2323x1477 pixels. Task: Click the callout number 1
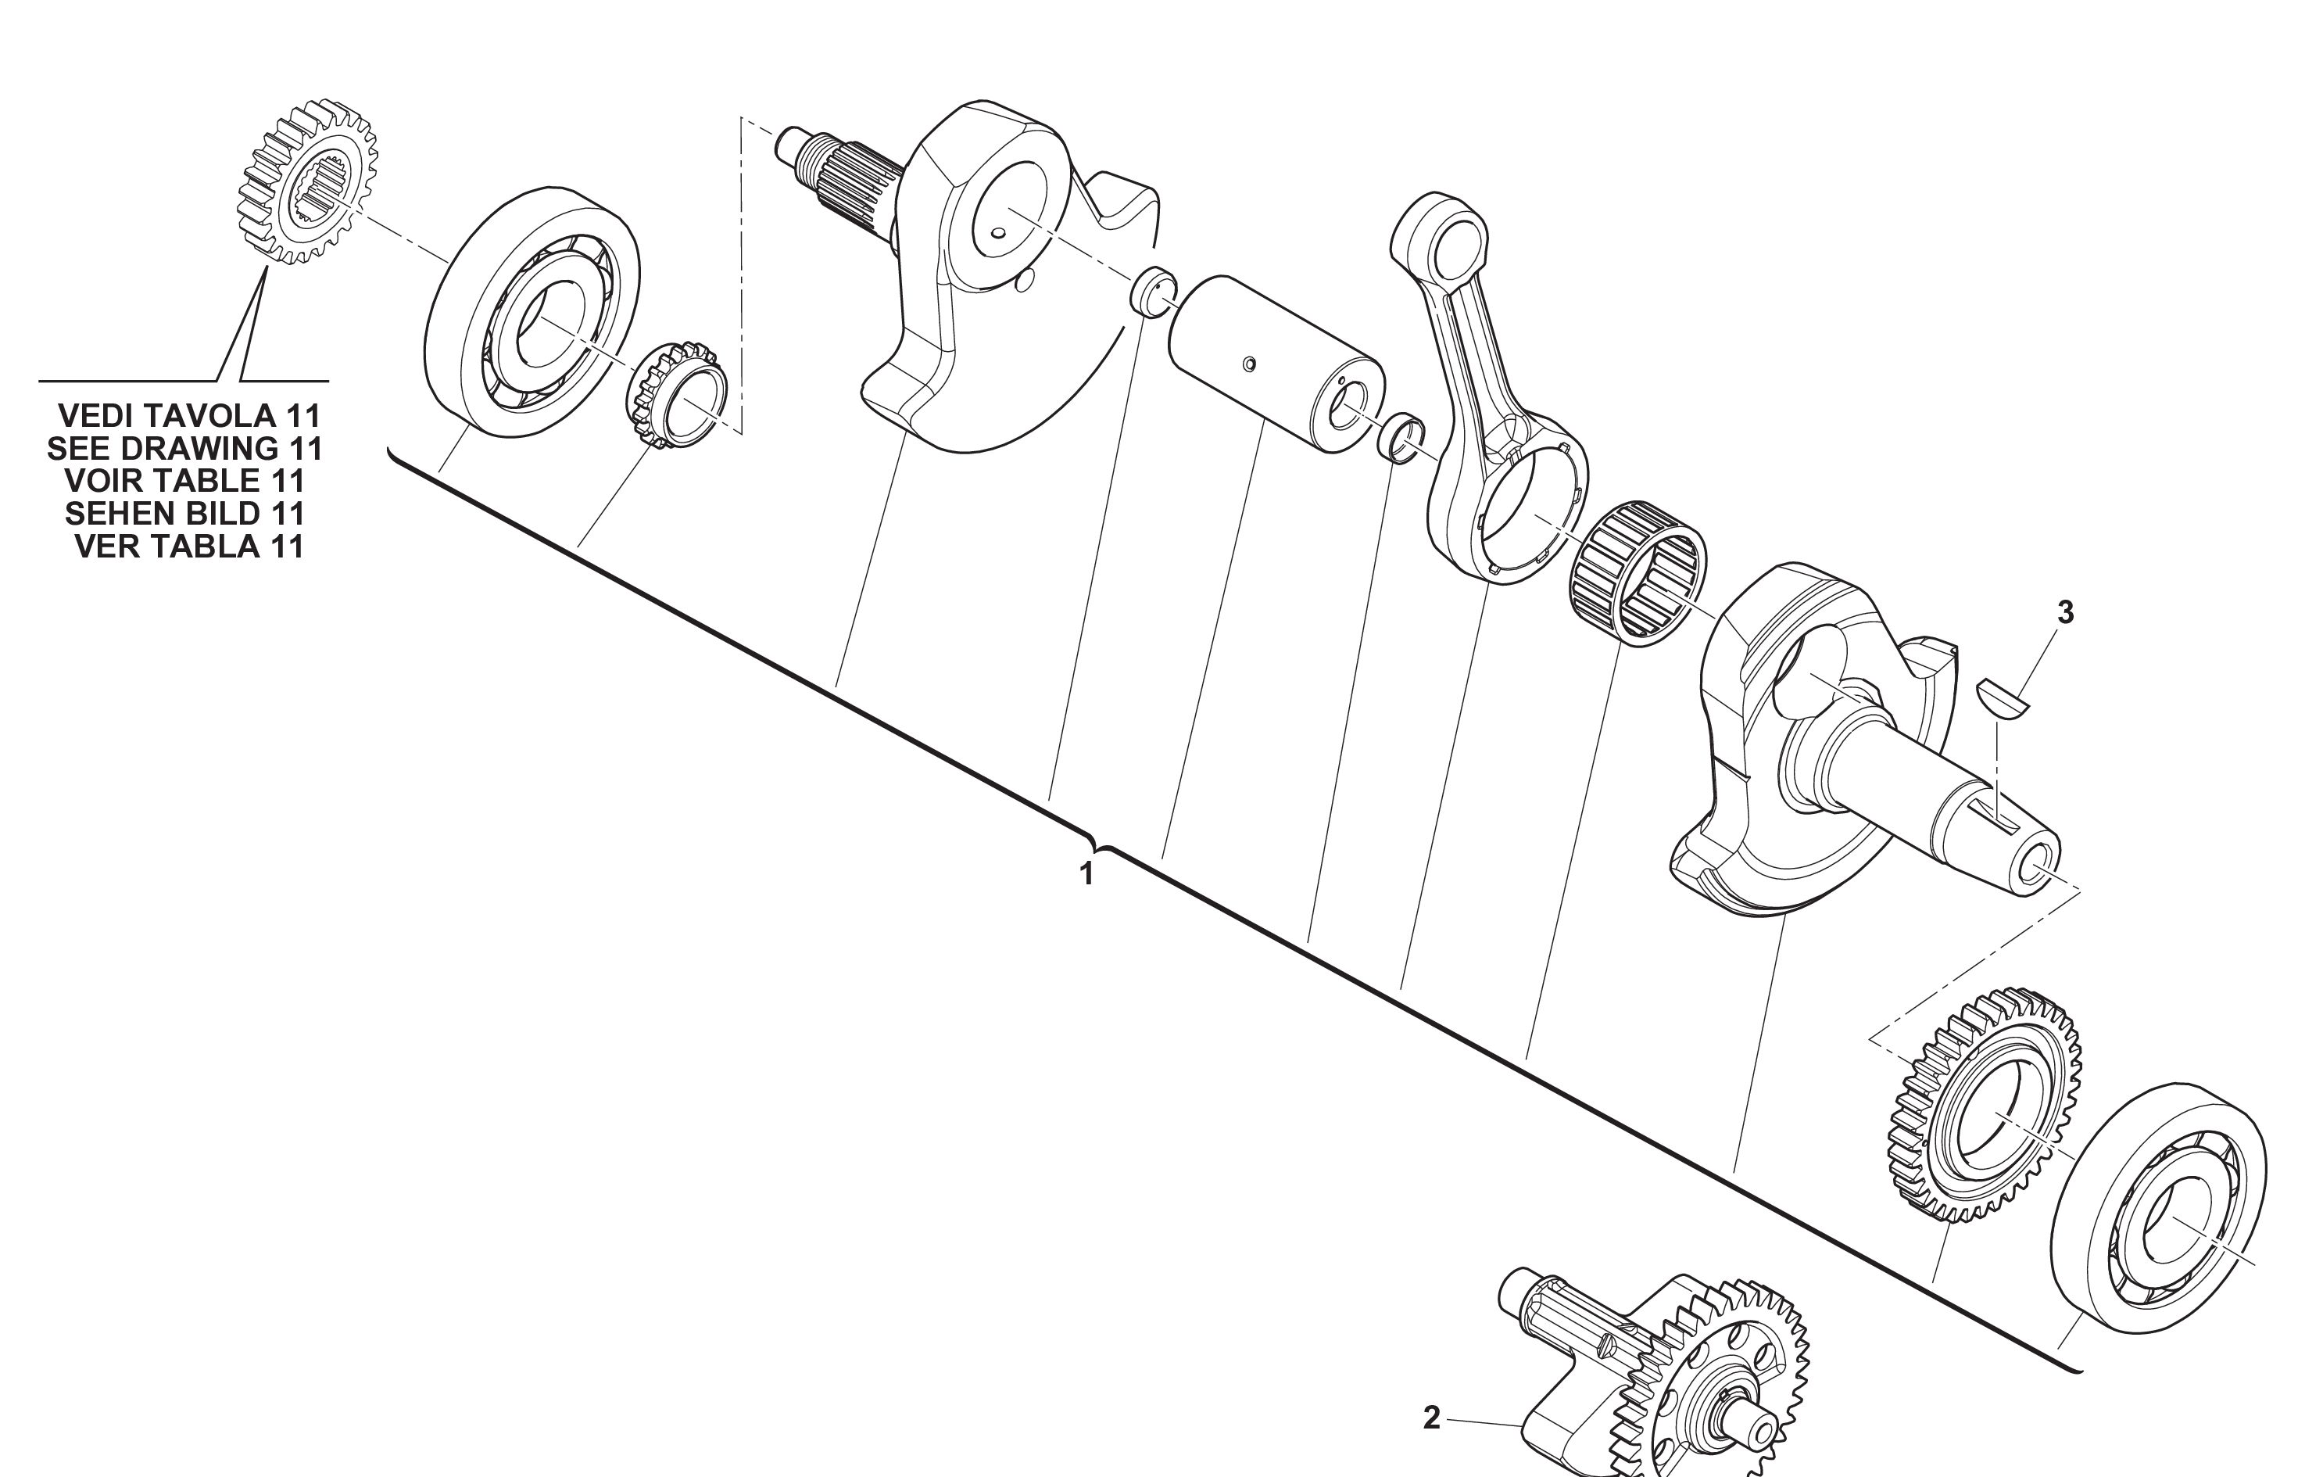(x=1086, y=874)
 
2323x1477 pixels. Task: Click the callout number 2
(x=1432, y=1418)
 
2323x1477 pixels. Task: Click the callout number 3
(x=2064, y=611)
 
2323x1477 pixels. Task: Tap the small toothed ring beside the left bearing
(x=675, y=393)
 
